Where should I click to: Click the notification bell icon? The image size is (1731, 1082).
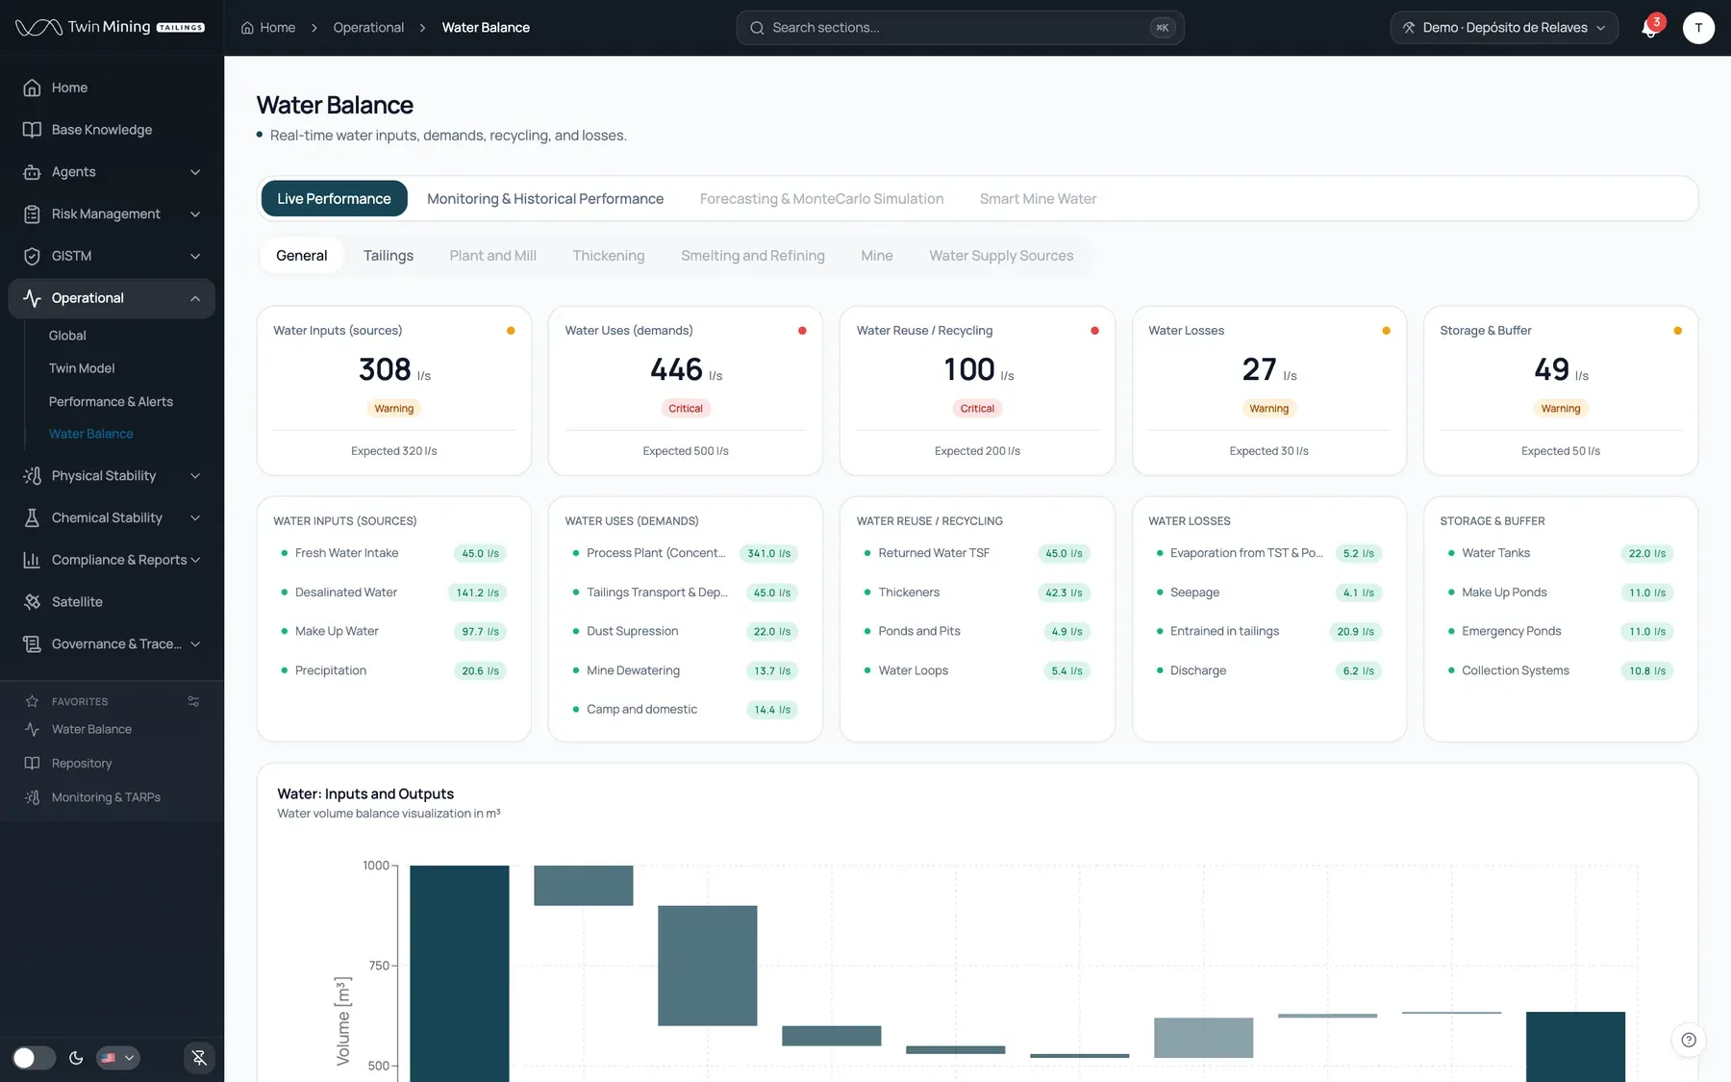tap(1649, 29)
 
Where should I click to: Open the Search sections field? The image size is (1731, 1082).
tap(960, 28)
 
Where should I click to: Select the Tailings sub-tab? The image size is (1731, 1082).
tap(389, 256)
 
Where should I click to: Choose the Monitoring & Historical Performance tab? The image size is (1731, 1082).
tap(545, 199)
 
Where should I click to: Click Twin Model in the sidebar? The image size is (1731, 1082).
tap(82, 368)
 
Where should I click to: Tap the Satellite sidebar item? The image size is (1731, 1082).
tap(77, 602)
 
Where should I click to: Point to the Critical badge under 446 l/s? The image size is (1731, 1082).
tap(686, 409)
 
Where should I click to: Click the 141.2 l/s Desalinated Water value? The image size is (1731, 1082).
tap(478, 592)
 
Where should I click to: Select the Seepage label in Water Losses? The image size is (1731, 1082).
tap(1194, 592)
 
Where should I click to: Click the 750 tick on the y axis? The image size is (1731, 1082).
tap(378, 966)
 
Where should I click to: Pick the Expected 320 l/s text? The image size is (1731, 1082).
tap(394, 451)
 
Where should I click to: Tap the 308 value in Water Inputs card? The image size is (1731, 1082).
tap(385, 369)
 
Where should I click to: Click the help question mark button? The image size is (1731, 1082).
tap(1689, 1040)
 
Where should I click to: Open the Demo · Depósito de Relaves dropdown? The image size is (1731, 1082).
tap(1504, 28)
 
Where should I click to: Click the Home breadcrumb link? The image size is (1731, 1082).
tap(268, 28)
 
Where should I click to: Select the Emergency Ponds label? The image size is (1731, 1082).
tap(1512, 631)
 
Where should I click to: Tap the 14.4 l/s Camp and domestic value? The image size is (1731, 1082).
tap(772, 710)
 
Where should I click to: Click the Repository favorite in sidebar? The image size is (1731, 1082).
tap(82, 764)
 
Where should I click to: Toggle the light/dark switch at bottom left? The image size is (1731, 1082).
tap(34, 1058)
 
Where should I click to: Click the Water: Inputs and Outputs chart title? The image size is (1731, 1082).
tap(365, 794)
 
